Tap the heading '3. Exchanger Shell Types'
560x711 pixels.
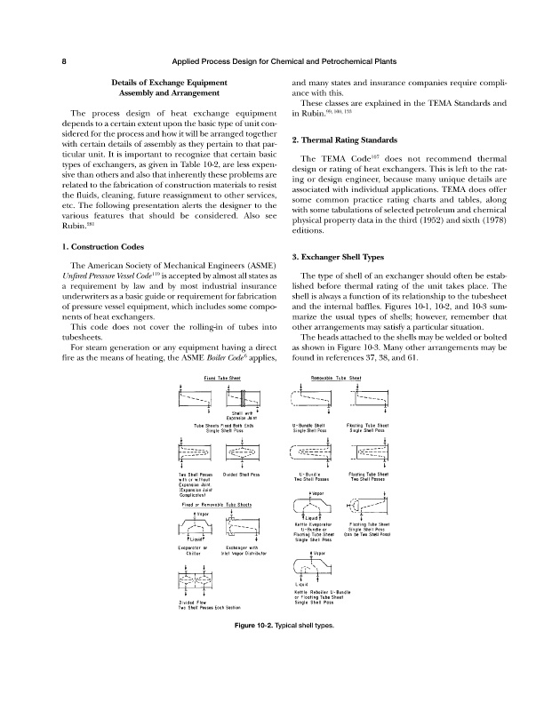tap(344, 257)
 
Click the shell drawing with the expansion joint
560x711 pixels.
tap(241, 399)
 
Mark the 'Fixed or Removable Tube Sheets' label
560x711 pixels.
tap(216, 504)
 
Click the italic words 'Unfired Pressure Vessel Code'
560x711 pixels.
tap(94, 278)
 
